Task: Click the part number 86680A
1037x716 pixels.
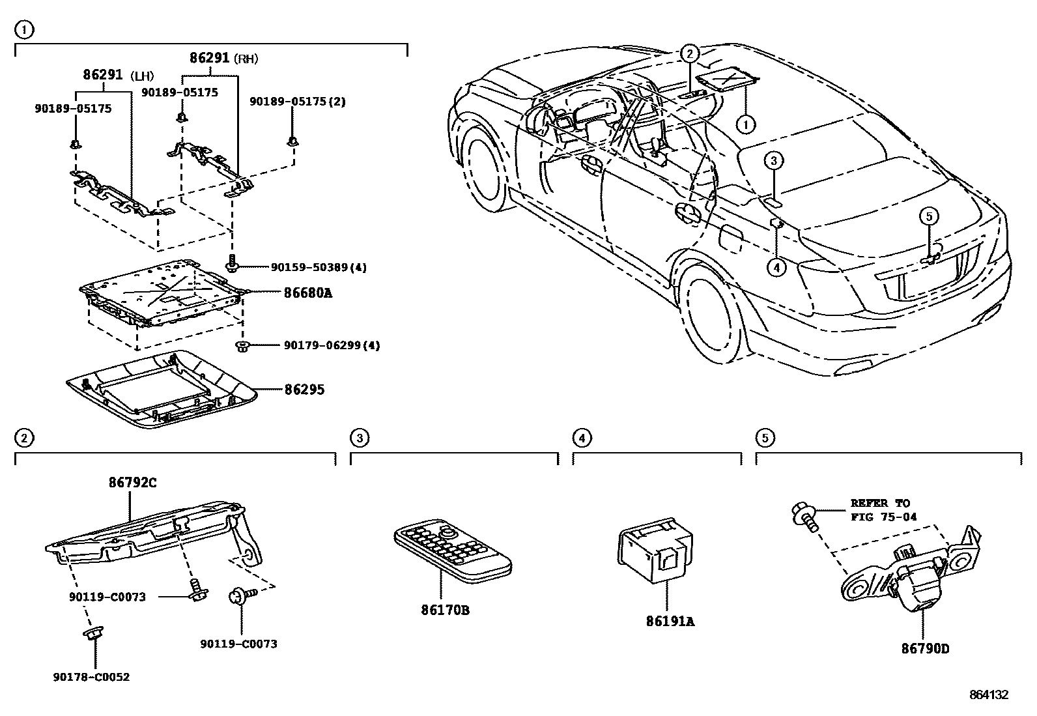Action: click(x=308, y=293)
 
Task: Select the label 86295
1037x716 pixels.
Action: click(x=304, y=390)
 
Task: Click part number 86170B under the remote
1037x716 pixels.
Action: click(x=445, y=610)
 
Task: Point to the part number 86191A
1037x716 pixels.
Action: click(x=670, y=622)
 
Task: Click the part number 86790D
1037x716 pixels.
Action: click(x=926, y=649)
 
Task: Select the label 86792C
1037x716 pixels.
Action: click(x=132, y=483)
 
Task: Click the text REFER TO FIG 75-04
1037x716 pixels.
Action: click(x=883, y=510)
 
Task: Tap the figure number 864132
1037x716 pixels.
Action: click(x=988, y=695)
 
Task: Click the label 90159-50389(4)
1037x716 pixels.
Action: click(x=319, y=267)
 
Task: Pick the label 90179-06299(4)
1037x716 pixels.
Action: click(x=332, y=345)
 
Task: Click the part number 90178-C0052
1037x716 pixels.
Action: click(x=91, y=677)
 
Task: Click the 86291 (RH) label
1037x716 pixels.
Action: click(x=223, y=58)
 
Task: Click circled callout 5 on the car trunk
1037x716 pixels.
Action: click(x=929, y=216)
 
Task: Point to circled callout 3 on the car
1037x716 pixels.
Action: click(x=773, y=161)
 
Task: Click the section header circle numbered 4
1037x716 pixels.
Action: click(x=582, y=438)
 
